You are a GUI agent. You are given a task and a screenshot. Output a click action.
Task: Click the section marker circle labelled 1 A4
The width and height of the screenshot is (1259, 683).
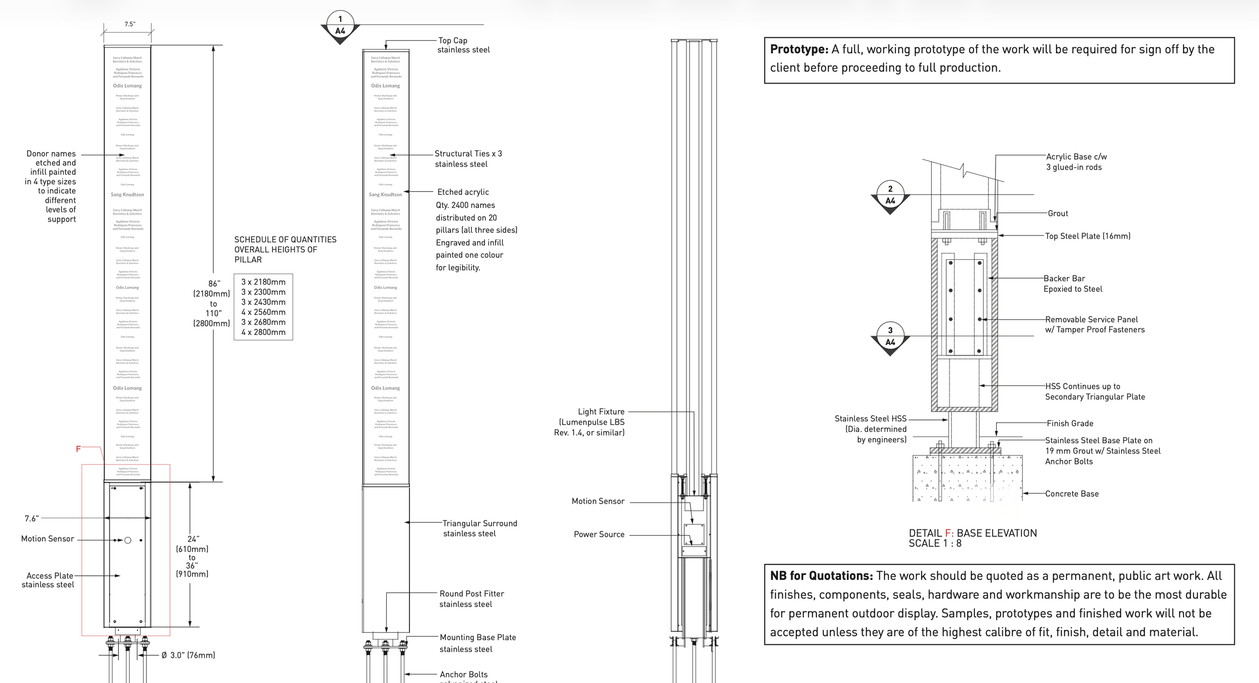340,25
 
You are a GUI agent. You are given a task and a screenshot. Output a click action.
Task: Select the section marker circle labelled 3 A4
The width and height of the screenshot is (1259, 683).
890,336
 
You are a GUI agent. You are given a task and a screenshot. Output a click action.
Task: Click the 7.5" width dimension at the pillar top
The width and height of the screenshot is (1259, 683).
130,24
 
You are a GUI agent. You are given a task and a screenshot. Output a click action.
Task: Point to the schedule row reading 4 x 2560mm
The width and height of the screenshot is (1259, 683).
263,312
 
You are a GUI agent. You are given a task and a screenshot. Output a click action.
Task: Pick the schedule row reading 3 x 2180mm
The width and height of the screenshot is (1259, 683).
263,282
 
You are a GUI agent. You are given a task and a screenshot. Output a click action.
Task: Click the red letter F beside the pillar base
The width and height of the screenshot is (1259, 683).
78,449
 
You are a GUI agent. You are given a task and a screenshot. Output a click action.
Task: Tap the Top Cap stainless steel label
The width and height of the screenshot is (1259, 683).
463,45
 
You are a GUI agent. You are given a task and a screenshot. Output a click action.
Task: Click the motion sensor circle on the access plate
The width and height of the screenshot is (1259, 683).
128,540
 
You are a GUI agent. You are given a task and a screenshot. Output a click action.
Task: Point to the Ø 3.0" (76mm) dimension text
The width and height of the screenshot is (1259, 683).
188,655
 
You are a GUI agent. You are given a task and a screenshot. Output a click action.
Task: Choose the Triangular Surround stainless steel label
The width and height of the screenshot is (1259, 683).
479,528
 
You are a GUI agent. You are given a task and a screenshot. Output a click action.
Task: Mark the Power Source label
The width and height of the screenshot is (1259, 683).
599,534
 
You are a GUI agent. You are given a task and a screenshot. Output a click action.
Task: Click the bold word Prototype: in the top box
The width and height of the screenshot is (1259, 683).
799,49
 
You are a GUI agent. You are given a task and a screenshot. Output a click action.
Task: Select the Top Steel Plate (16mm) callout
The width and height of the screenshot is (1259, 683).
1087,236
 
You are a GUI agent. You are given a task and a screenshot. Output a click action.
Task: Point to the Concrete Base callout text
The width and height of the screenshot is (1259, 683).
1072,494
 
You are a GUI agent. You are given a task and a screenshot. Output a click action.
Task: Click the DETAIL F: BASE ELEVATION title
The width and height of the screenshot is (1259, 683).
972,533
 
